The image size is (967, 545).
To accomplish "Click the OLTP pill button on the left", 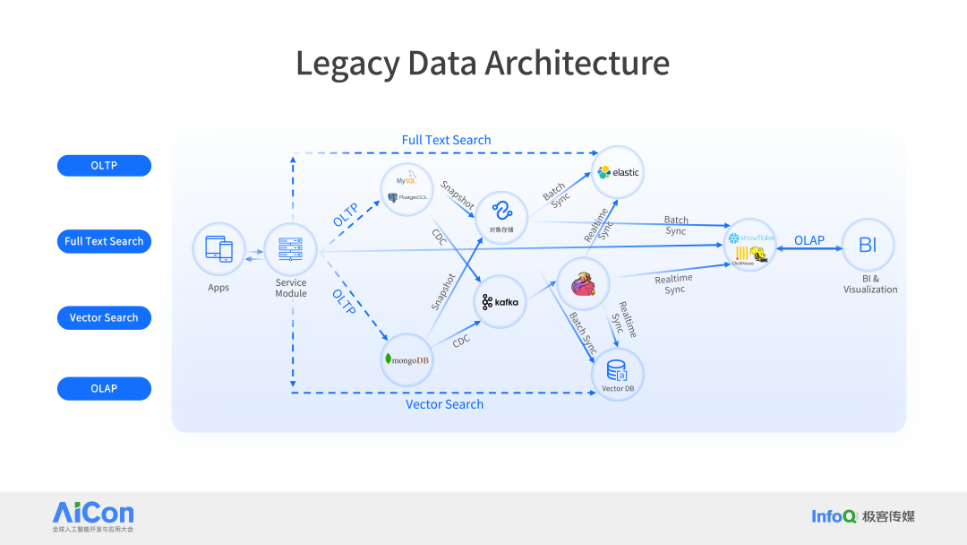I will (x=104, y=166).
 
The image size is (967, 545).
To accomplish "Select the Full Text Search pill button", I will (x=104, y=241).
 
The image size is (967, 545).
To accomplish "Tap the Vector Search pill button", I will (x=104, y=317).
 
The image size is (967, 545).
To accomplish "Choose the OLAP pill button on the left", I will (x=104, y=388).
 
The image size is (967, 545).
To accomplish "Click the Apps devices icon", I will (x=218, y=249).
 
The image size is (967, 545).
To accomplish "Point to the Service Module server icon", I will (x=291, y=249).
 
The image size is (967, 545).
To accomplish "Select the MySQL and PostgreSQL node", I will (x=406, y=189).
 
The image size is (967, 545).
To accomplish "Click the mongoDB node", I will (x=406, y=359).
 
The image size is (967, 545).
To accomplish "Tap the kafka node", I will (x=500, y=301).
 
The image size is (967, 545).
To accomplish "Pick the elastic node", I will (x=619, y=171).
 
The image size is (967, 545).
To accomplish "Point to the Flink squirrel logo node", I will (x=584, y=284).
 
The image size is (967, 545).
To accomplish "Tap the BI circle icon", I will (x=868, y=245).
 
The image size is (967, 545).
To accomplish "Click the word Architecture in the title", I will (x=577, y=64).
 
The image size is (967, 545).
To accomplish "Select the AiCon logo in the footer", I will (x=93, y=513).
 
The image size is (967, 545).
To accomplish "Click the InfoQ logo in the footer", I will (x=834, y=516).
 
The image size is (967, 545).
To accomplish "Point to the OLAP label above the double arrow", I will (x=809, y=240).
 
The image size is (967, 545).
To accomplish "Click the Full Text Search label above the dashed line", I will (x=446, y=140).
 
